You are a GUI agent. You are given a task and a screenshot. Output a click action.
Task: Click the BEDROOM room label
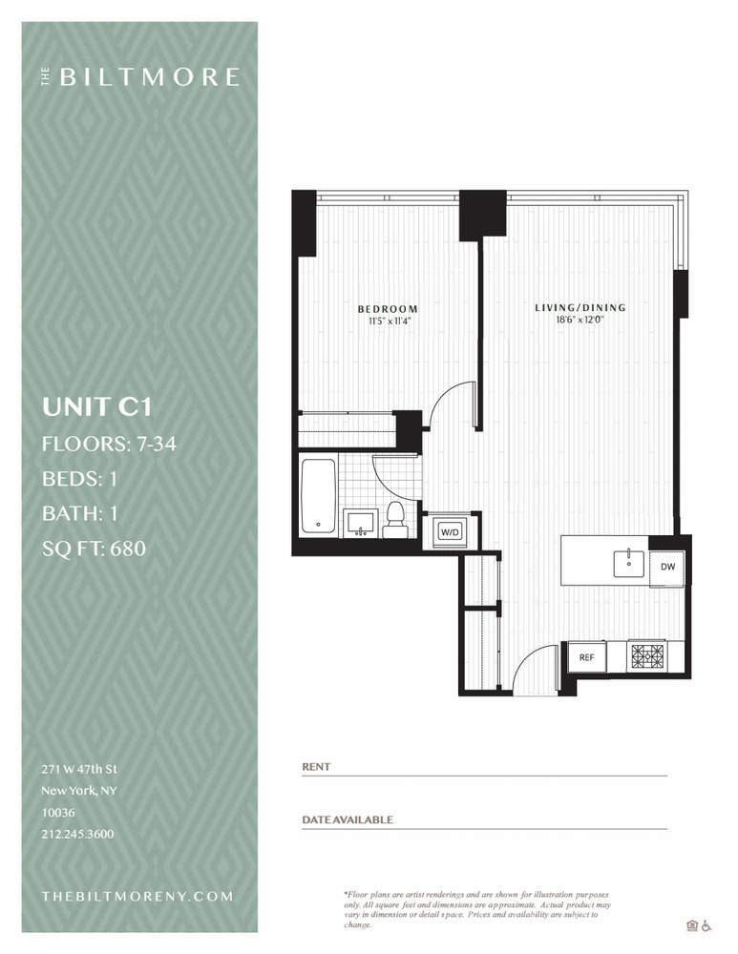(388, 309)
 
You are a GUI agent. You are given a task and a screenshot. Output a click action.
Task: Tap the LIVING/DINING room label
(580, 307)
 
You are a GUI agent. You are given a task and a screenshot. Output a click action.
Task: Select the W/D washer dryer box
(450, 531)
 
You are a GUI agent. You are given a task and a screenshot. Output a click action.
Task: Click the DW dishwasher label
(667, 567)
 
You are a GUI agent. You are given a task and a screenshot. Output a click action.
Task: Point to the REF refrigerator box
(586, 657)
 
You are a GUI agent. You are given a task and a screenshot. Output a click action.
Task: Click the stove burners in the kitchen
(646, 656)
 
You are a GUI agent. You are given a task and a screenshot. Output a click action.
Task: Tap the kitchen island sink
(628, 563)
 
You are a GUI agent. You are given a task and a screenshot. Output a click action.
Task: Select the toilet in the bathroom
(395, 521)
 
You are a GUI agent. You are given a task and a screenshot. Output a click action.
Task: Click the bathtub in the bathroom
(318, 496)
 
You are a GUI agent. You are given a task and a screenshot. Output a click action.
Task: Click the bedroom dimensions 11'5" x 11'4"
(387, 321)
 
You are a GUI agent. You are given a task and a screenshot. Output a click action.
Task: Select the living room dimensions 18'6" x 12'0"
(580, 320)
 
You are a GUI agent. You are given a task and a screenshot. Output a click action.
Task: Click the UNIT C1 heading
(96, 407)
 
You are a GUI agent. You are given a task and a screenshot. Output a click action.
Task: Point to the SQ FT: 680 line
(94, 549)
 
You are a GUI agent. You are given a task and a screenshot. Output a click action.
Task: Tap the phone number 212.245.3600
(77, 834)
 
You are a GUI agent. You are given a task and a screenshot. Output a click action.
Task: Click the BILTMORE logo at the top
(141, 77)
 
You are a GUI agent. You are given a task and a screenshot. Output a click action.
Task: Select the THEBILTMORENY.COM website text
(137, 896)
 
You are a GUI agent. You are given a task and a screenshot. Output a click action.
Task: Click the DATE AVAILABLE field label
(348, 819)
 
